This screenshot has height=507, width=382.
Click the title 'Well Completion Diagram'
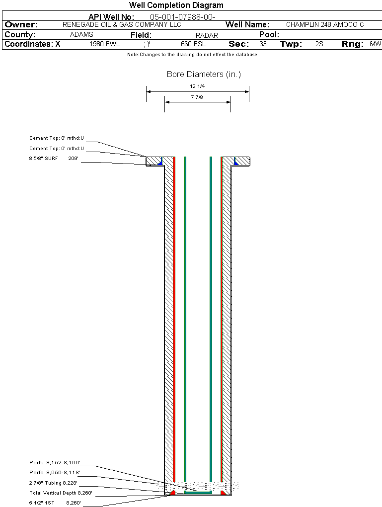(176, 5)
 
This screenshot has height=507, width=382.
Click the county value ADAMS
(81, 35)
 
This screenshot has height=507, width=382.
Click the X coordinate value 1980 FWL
(105, 44)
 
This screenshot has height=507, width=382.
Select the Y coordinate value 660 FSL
(193, 44)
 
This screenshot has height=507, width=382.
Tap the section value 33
(263, 44)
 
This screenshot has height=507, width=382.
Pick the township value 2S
(319, 44)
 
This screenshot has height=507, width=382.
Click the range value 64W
(375, 44)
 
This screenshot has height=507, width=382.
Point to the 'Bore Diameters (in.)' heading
(204, 75)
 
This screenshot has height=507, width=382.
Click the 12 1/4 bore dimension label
(197, 86)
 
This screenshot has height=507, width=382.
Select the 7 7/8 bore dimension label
(197, 97)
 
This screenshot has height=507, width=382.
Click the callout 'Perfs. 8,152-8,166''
(55, 462)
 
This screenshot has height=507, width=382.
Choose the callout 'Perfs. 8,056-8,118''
(55, 473)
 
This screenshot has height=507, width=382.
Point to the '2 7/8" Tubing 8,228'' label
(53, 483)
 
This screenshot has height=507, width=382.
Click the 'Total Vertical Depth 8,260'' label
(61, 494)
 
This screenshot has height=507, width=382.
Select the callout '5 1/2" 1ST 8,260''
(55, 503)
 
